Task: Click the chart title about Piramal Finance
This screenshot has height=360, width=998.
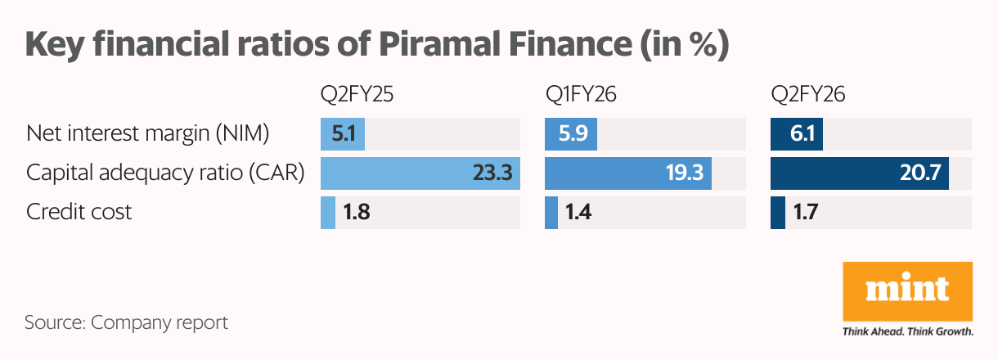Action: [377, 44]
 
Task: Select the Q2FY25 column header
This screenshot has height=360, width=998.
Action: [357, 95]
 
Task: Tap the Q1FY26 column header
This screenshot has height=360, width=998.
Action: [581, 95]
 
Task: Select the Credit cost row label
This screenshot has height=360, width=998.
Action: [79, 213]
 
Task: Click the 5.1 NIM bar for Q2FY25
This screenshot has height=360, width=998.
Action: [343, 133]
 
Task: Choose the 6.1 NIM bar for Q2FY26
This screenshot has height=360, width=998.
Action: [797, 133]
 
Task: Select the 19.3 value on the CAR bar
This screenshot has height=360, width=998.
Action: [683, 173]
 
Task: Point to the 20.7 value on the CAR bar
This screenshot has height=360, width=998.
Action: [919, 173]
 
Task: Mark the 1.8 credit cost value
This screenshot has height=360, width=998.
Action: [356, 213]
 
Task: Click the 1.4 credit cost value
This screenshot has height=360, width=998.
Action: [580, 213]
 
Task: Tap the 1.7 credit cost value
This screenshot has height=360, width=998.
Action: [806, 213]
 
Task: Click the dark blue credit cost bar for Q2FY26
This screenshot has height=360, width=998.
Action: [778, 213]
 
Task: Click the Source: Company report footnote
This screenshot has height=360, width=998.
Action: [126, 322]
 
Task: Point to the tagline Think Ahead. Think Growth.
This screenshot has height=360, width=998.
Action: [907, 332]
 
